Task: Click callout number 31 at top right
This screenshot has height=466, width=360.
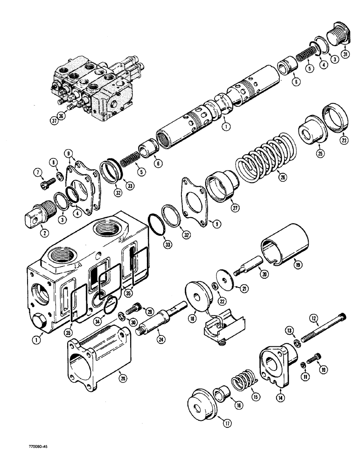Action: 345,54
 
